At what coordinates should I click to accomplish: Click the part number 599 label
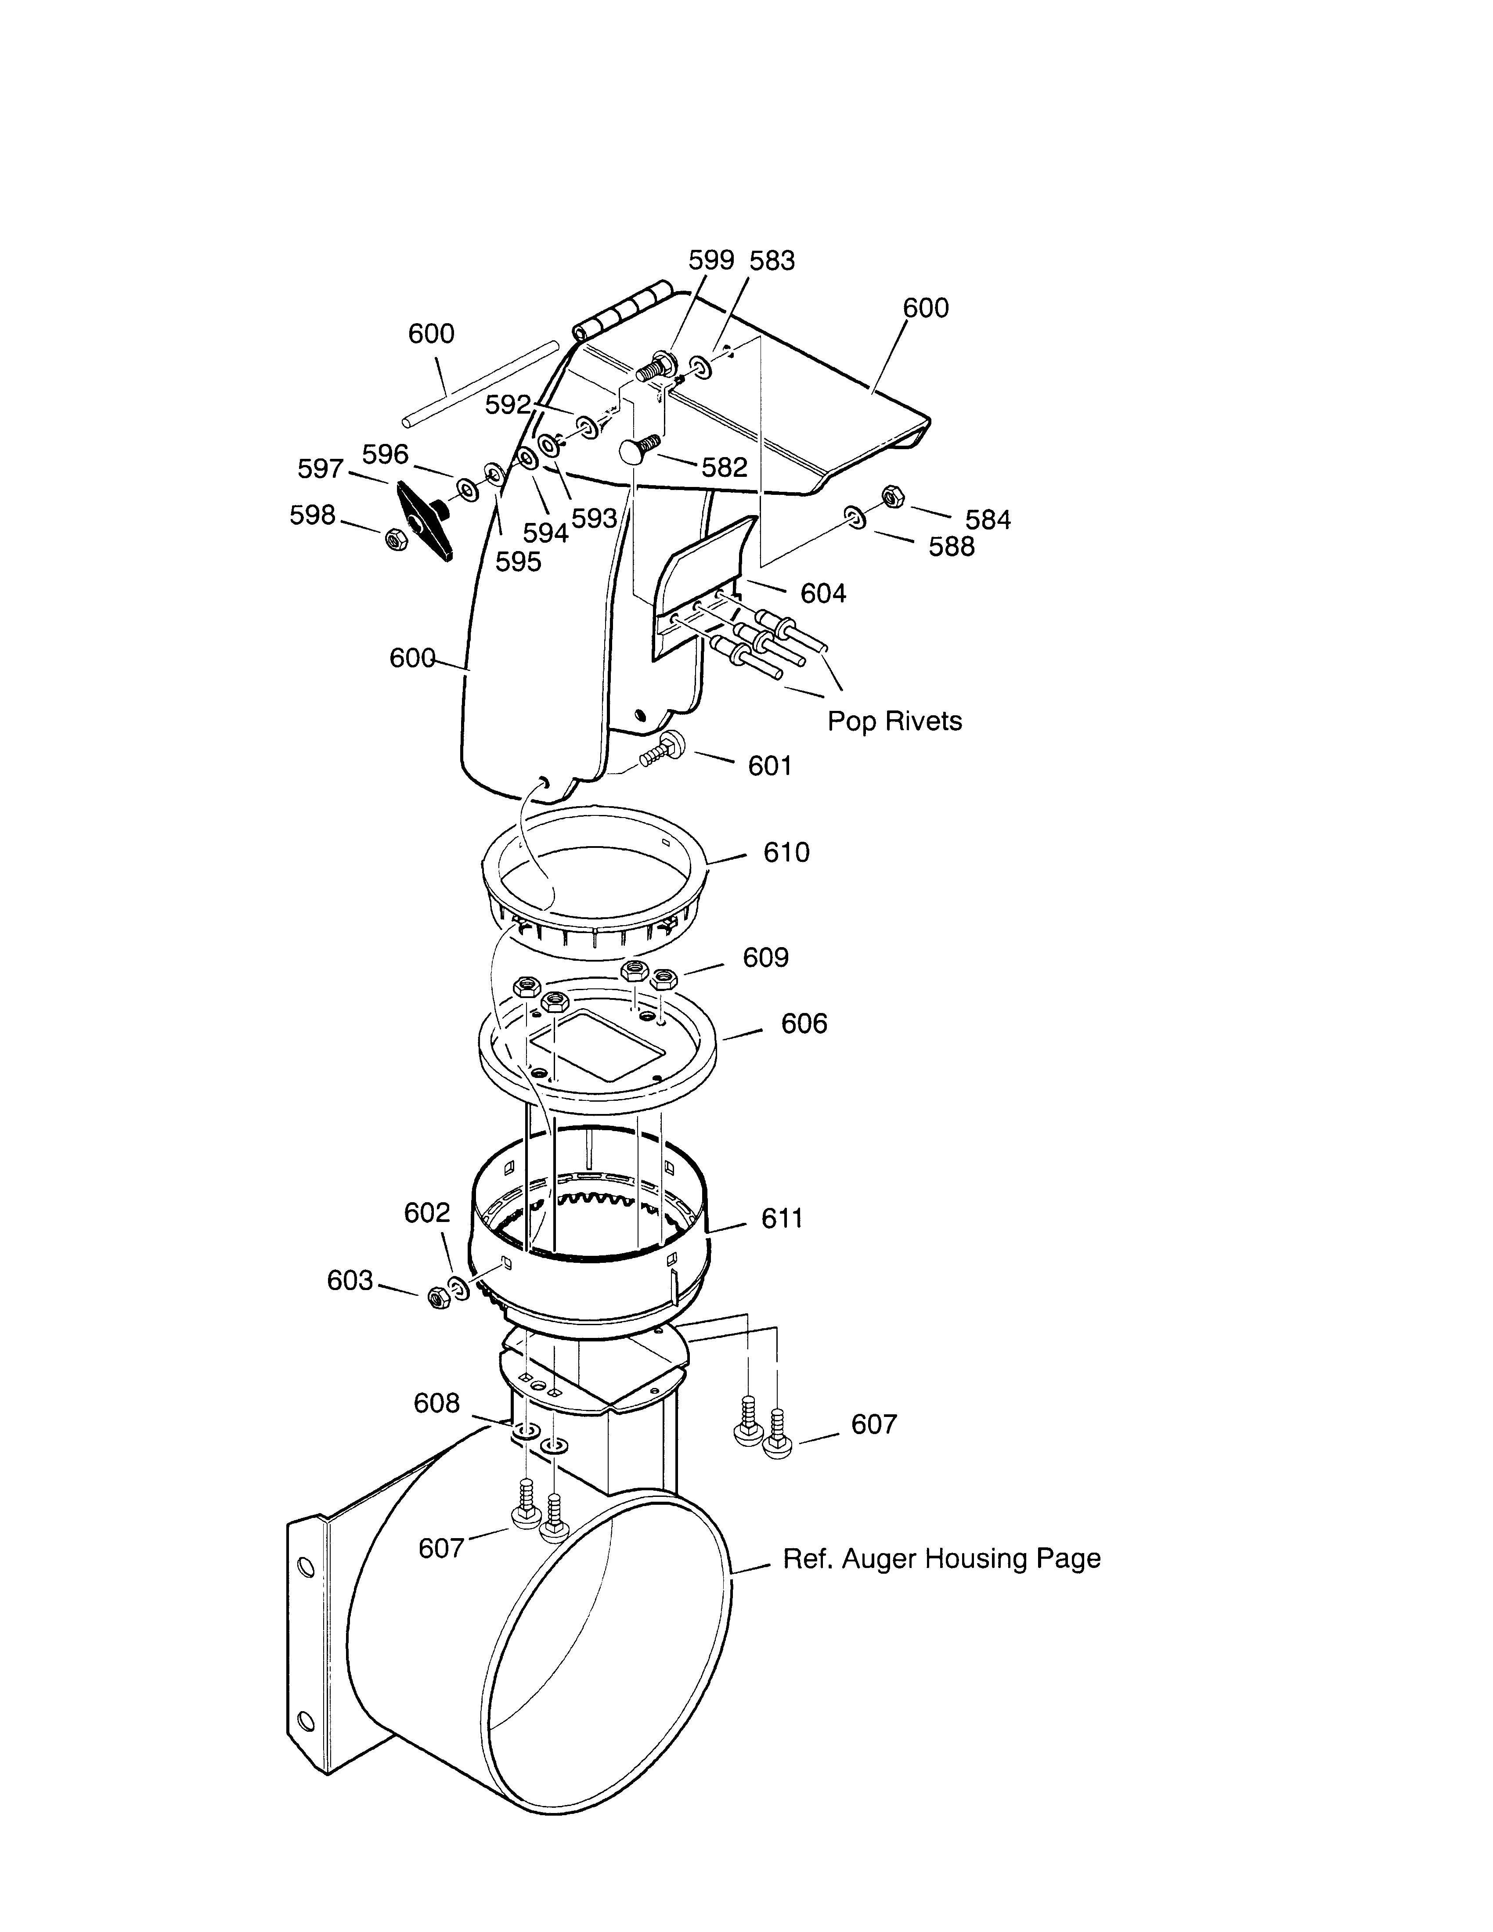point(711,260)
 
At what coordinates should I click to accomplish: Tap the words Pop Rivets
point(894,721)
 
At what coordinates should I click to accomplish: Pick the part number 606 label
point(804,1024)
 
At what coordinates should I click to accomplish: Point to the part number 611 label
point(782,1218)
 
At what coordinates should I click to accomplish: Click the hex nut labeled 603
point(436,1298)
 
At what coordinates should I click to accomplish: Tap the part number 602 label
point(427,1212)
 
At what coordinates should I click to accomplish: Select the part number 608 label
point(437,1403)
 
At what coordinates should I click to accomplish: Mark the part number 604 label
point(823,593)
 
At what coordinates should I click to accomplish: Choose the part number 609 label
point(765,957)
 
